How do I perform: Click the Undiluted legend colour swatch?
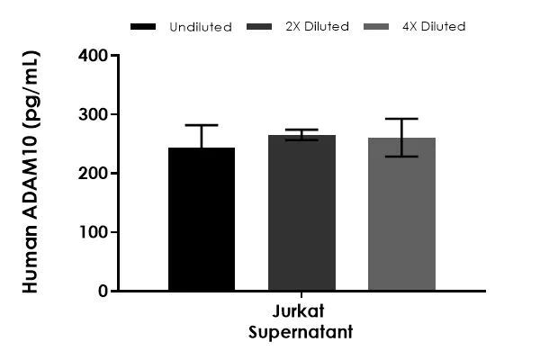(x=144, y=27)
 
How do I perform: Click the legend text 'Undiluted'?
(x=200, y=27)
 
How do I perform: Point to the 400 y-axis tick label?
(x=92, y=56)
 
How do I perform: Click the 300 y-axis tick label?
(x=92, y=114)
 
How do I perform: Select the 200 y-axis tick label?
(x=92, y=174)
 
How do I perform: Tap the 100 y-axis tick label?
(x=92, y=232)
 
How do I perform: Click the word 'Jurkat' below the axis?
(x=301, y=314)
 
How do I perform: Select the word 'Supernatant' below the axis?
(x=301, y=332)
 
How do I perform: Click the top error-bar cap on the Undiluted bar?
(x=201, y=125)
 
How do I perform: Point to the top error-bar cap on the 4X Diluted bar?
(x=401, y=119)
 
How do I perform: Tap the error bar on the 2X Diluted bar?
(x=301, y=135)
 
